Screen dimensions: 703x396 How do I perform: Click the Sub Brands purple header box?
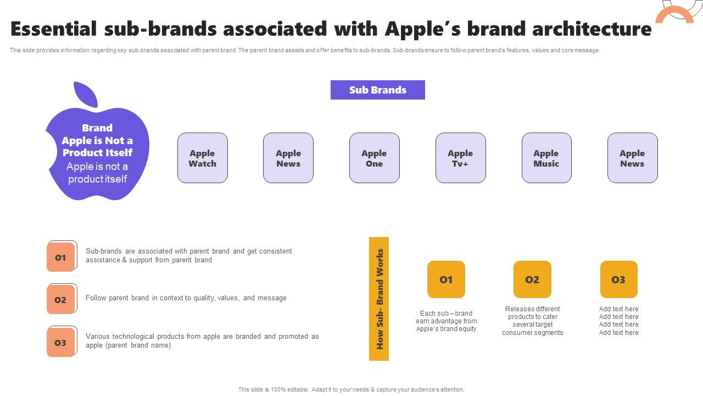377,90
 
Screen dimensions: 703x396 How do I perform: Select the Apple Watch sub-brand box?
203,158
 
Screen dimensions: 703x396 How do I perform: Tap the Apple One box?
375,158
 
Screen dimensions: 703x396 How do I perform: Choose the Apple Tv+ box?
460,158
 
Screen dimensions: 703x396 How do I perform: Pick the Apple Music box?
546,158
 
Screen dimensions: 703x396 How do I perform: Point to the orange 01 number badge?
60,257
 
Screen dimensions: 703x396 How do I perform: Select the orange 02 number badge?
60,300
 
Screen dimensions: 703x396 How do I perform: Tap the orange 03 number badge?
60,342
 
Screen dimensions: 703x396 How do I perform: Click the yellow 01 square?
446,279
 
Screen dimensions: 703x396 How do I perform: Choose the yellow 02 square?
532,279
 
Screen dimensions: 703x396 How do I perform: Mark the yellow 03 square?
618,279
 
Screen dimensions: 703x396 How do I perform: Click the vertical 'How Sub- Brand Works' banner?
379,299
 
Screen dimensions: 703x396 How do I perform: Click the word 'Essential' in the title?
54,29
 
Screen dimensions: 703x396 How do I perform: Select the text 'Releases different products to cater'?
533,313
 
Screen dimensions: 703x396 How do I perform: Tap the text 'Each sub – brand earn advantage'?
446,317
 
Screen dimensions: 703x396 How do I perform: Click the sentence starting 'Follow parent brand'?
186,298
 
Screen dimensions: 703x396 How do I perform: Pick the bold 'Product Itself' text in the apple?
97,153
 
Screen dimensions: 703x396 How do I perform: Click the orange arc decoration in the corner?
674,13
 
